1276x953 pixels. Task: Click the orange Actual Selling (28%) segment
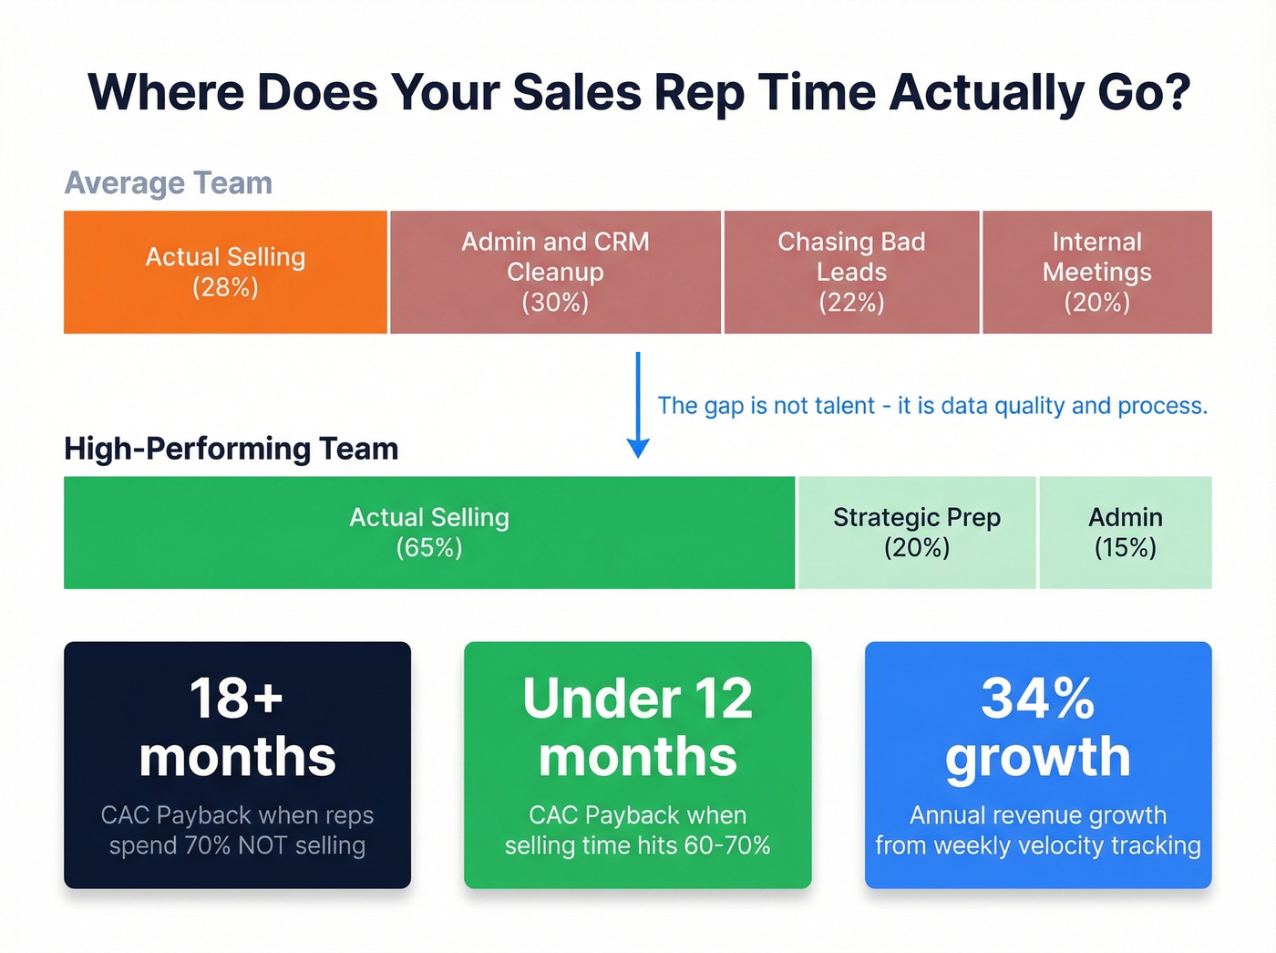pos(225,272)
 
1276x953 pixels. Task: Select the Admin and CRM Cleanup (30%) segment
pos(555,272)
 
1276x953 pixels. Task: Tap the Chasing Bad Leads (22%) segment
pos(851,272)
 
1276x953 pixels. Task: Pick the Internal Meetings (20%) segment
pos(1096,272)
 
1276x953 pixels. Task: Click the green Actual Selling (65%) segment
pos(429,533)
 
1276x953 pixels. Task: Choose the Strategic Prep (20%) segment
pos(917,533)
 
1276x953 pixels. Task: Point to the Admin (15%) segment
pos(1126,533)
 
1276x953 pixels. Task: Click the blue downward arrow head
pos(638,448)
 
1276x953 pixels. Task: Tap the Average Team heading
pos(169,183)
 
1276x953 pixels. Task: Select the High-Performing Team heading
pos(232,449)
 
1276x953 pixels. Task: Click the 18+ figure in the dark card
pos(237,699)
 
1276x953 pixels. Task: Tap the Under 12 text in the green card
pos(638,699)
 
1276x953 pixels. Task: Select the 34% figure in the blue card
pos(1038,699)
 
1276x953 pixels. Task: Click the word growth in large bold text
pos(1038,757)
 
